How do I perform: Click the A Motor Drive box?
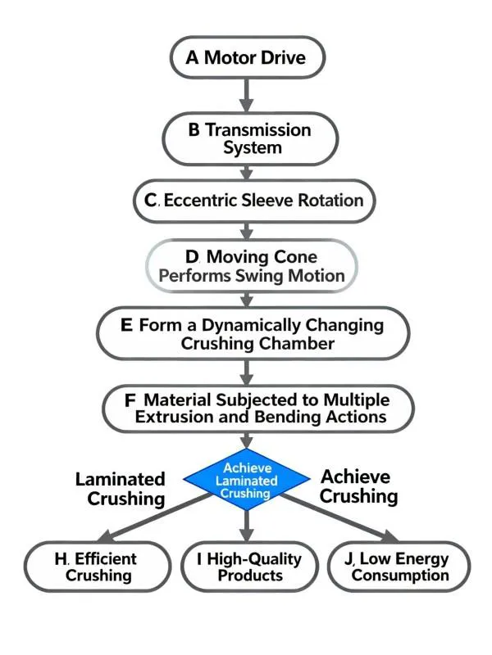tap(247, 58)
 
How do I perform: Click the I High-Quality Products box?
tap(247, 567)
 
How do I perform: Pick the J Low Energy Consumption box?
tap(398, 567)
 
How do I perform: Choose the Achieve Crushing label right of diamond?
tap(358, 486)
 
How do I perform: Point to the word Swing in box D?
tap(258, 275)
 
